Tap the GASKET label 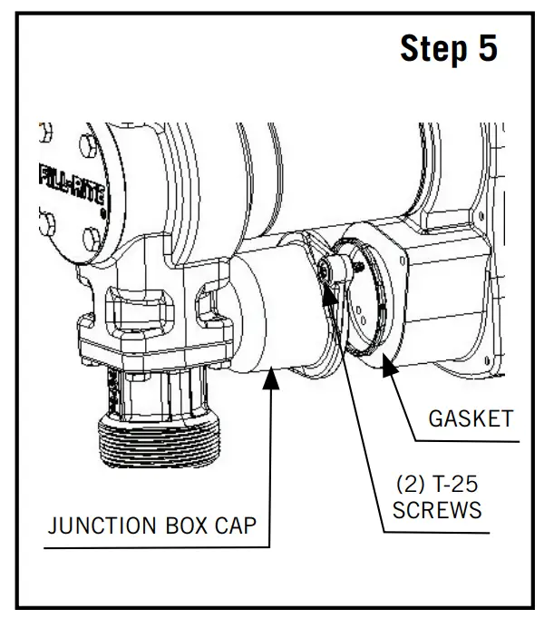pos(471,418)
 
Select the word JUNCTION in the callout pos(102,525)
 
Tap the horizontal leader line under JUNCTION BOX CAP pos(154,547)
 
